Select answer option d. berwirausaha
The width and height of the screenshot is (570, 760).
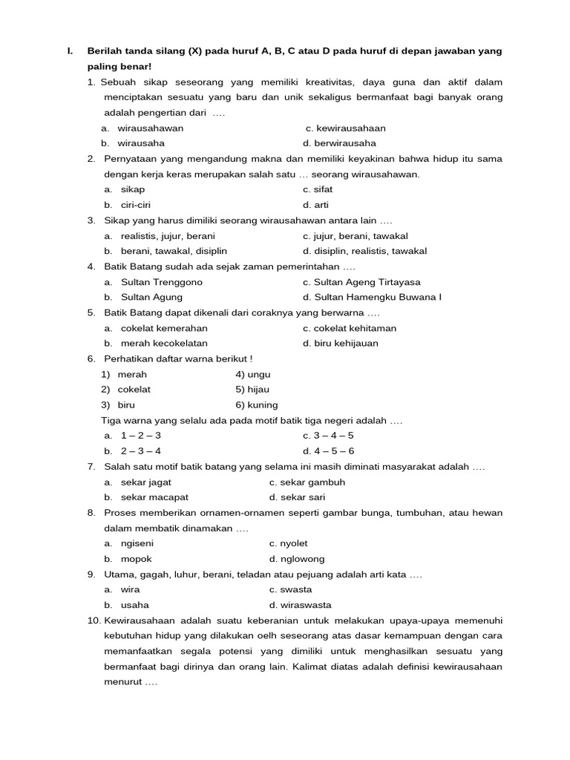pos(339,143)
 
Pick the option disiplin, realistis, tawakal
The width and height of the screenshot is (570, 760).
pos(364,251)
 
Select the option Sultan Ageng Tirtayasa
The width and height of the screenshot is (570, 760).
pos(361,282)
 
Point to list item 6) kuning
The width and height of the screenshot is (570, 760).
pos(256,405)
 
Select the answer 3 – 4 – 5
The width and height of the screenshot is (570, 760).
pos(328,436)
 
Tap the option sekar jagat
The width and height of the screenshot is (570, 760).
pos(145,482)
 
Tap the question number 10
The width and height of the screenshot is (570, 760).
pos(94,620)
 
